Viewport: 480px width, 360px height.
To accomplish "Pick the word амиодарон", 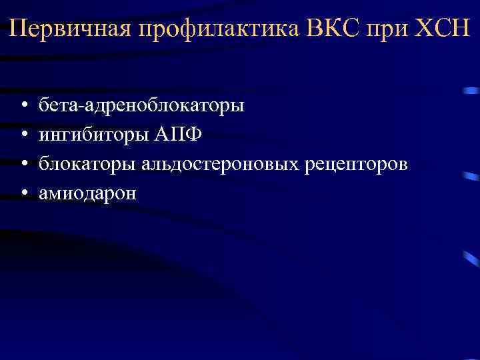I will (x=87, y=193).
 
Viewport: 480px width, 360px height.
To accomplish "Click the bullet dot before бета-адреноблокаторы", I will (x=23, y=105).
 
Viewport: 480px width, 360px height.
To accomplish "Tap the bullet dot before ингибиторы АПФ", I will (x=23, y=135).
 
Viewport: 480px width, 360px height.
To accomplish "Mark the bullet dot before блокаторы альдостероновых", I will (x=23, y=164).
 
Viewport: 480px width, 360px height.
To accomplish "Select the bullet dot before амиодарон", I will (x=23, y=193).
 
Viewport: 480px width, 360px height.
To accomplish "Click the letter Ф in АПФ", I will (x=193, y=134).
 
